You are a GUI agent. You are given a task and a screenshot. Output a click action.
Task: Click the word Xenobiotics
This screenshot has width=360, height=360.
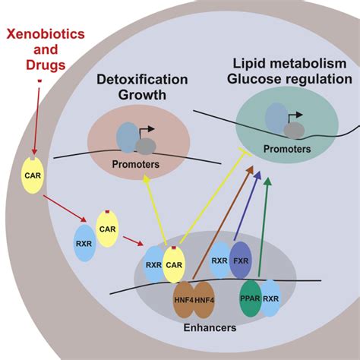coord(46,34)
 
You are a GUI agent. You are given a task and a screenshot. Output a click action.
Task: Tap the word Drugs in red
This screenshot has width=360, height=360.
coord(46,65)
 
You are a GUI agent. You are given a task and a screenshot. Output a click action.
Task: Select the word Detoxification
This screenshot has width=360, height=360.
coord(142,79)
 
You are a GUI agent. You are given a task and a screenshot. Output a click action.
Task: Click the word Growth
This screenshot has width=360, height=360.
coord(142,95)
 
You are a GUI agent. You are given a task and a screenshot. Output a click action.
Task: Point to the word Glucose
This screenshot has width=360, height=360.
coord(256,79)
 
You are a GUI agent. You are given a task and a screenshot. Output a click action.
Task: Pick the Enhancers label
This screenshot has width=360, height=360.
coord(210,327)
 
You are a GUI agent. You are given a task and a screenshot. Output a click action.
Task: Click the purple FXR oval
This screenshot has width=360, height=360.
coord(241,260)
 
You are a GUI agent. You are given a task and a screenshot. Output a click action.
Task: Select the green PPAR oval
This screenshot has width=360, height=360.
coord(251,298)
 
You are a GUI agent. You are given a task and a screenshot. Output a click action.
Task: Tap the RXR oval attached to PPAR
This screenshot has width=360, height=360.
coord(271,298)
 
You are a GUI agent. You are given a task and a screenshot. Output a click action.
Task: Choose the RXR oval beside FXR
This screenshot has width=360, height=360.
coord(219,260)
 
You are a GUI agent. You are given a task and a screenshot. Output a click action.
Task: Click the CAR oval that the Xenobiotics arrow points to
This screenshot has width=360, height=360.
coord(33,175)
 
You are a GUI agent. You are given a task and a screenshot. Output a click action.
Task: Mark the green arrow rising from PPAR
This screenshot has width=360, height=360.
coord(264,227)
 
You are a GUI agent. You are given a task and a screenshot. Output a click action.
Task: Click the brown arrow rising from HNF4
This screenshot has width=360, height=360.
coord(223,223)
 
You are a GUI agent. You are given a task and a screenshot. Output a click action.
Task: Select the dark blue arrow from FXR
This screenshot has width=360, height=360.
coord(247,206)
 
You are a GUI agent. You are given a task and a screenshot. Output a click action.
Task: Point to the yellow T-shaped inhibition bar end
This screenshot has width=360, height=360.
coord(245,152)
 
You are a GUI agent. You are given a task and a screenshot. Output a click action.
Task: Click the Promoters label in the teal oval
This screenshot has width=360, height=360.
coord(287,149)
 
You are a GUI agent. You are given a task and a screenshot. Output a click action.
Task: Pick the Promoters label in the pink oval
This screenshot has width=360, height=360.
coord(136,164)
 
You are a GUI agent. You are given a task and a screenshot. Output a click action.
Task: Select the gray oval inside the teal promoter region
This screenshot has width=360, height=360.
coord(294,131)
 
